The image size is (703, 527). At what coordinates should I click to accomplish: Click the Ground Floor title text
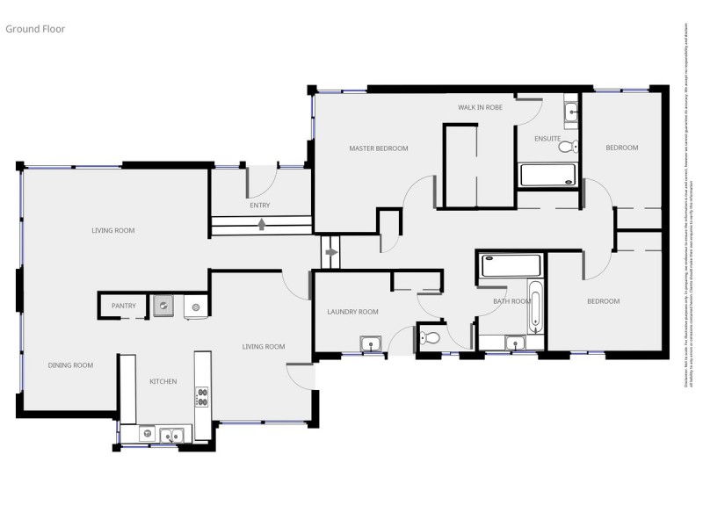35,29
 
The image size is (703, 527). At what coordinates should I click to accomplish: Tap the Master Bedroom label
379,148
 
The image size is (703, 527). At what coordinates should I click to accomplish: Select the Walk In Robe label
480,107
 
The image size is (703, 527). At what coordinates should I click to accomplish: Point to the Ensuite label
547,138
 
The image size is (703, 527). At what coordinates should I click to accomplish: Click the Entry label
259,206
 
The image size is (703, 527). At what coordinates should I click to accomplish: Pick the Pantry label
123,306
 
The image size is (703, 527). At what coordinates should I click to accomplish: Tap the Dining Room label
71,365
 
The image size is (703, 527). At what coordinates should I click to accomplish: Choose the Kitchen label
163,381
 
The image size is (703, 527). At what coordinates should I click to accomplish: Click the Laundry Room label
352,312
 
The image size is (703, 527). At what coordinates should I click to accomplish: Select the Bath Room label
511,301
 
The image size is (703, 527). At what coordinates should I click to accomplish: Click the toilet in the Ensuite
567,146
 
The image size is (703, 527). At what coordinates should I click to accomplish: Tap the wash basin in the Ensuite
571,111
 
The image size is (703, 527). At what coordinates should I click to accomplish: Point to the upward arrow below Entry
262,224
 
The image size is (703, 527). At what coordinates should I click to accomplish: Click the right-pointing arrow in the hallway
331,253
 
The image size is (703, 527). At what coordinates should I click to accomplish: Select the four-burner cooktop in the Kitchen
202,396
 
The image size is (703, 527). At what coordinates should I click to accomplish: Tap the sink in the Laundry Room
370,343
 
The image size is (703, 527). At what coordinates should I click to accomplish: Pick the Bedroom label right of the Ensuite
622,148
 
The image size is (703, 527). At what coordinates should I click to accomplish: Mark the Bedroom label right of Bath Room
603,301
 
